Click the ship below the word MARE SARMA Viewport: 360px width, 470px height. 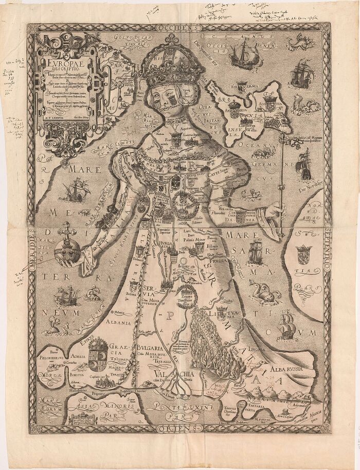click(x=256, y=253)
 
